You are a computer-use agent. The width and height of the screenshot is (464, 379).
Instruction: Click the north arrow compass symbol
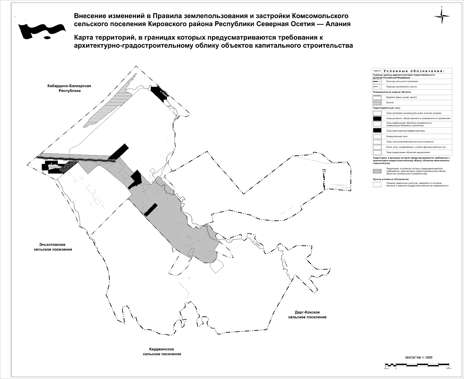tap(442, 16)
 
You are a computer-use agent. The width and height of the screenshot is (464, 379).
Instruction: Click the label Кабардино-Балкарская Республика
tap(69, 88)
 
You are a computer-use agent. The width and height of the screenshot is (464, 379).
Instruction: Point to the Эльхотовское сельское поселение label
tap(53, 247)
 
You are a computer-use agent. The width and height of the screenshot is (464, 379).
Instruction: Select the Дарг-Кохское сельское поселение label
tap(307, 315)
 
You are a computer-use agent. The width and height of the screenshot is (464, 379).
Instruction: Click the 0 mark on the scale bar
tap(396, 368)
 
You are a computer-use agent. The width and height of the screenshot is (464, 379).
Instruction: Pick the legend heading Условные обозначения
tap(414, 71)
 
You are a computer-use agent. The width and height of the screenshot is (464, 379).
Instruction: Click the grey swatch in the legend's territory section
tap(377, 171)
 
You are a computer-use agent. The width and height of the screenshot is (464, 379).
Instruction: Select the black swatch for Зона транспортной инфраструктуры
tap(377, 130)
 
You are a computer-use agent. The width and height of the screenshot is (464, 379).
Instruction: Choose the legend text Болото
tap(390, 103)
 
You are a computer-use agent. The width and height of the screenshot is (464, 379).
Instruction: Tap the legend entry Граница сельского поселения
tap(402, 81)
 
